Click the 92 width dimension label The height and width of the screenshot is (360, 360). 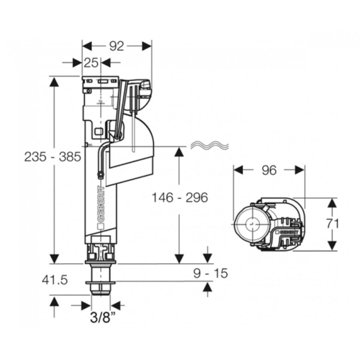(x=117, y=46)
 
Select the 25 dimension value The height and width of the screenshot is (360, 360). (x=91, y=63)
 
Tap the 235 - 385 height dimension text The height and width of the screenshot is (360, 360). (x=53, y=157)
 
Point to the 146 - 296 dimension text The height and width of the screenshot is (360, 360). (x=180, y=198)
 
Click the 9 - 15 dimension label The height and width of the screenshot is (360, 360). (x=210, y=273)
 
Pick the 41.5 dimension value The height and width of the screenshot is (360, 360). (x=55, y=280)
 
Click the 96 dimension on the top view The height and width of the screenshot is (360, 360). (x=269, y=170)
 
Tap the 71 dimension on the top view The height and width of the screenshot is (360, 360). (x=333, y=224)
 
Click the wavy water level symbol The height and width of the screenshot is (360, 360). (x=210, y=145)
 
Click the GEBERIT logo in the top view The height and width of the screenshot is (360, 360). (x=287, y=232)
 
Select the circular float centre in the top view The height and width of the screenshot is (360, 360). (x=252, y=223)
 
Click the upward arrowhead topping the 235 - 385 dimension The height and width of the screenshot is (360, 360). (x=54, y=82)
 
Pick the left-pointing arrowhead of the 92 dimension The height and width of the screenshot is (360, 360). (x=87, y=46)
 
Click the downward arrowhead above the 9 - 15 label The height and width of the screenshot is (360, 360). (x=208, y=259)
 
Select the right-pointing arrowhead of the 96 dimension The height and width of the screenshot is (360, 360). (x=300, y=170)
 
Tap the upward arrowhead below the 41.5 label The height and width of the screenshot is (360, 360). (x=54, y=302)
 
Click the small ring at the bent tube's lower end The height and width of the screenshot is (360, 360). (x=100, y=176)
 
